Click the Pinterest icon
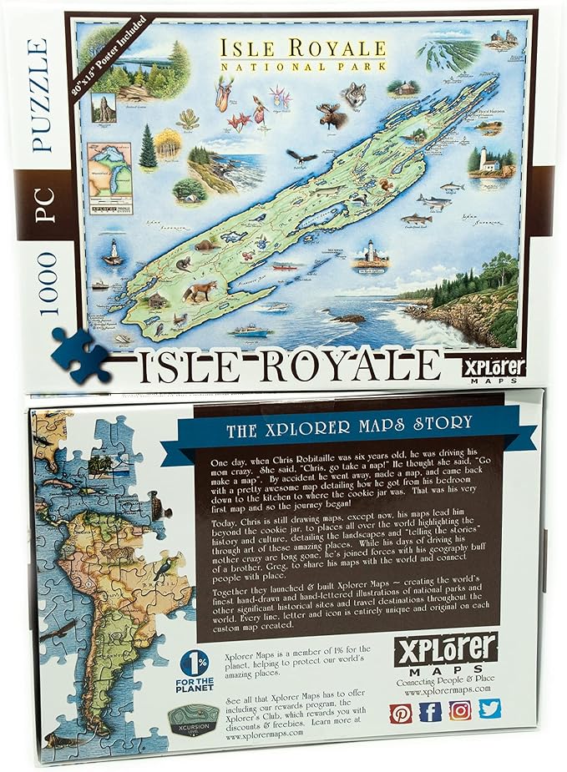point(402,711)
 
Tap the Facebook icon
point(431,711)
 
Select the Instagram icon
point(460,711)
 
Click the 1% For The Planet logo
point(195,667)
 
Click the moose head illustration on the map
point(332,116)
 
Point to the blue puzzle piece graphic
point(80,356)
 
